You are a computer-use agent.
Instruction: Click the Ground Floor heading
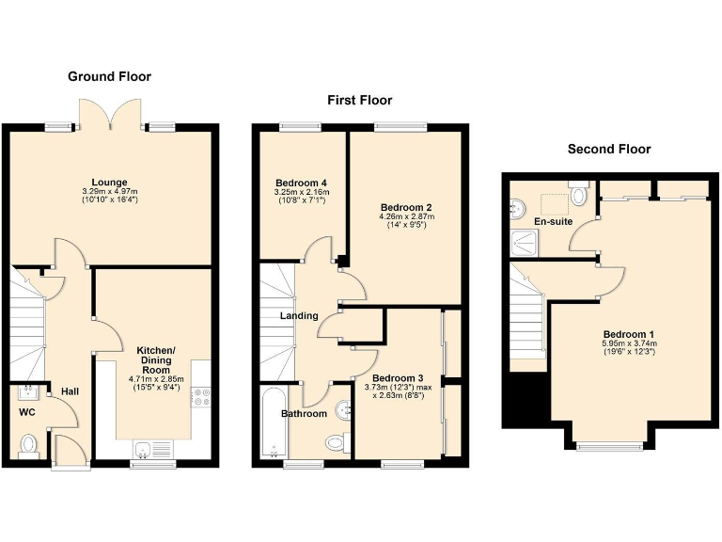coord(109,76)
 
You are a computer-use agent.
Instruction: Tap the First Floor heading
coord(359,100)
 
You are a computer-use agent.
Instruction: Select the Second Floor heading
coord(609,149)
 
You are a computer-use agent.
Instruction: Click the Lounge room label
coord(109,182)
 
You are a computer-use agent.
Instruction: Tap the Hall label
coord(71,391)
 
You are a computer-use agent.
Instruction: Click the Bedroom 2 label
coord(405,206)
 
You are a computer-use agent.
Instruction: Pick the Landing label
coord(299,315)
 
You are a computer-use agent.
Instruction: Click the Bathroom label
coord(304,413)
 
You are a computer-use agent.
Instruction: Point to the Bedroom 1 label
coord(628,334)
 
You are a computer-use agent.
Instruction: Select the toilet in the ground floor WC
coord(29,443)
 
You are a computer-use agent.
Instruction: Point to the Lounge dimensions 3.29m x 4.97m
coord(109,192)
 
